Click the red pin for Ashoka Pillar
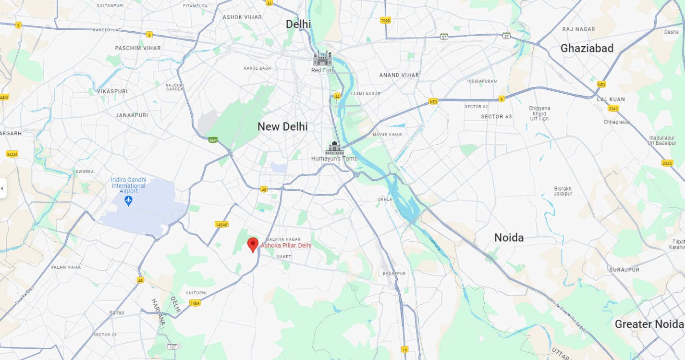tap(253, 244)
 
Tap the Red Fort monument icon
tap(322, 59)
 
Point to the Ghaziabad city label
tap(587, 48)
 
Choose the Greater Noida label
tap(649, 324)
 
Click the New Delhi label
tap(282, 126)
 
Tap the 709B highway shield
tap(385, 20)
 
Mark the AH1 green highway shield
tap(212, 140)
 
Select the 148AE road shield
tap(221, 224)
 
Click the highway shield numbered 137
tap(172, 347)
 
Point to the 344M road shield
tap(12, 154)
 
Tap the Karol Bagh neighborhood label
tap(257, 68)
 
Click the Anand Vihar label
tap(399, 75)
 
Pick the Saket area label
tap(284, 257)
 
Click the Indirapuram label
tap(482, 81)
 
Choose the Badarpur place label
tap(394, 273)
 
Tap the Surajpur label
tap(624, 270)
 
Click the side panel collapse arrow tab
tap(3, 187)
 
